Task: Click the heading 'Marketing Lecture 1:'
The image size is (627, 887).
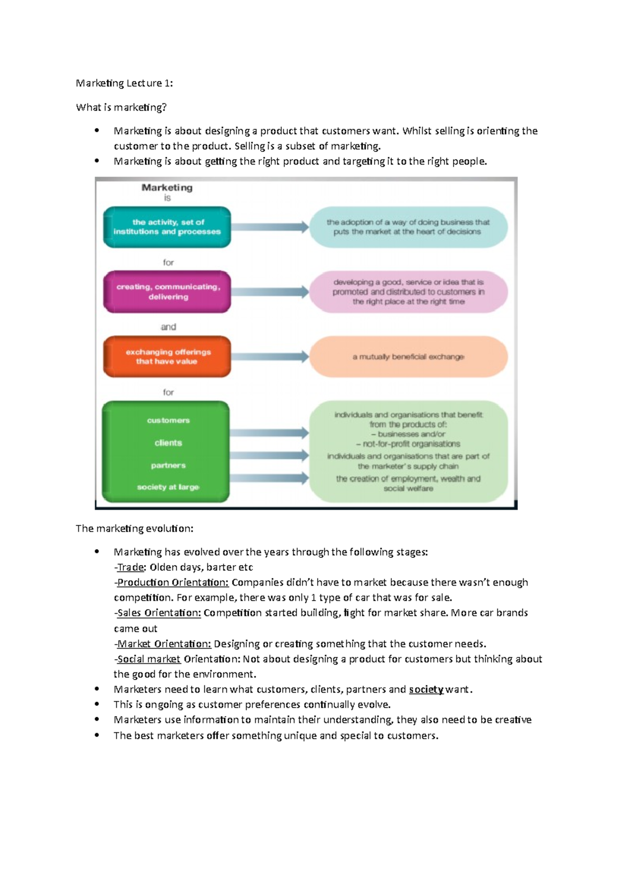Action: (x=124, y=83)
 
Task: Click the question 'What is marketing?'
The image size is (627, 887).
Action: (x=121, y=108)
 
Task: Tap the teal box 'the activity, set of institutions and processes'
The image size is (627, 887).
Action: (x=167, y=227)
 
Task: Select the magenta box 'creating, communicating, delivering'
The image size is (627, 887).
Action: (x=167, y=292)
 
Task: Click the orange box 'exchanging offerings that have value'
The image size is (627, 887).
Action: (x=167, y=357)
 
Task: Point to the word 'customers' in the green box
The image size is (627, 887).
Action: (x=168, y=421)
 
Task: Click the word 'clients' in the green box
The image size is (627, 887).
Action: (x=168, y=443)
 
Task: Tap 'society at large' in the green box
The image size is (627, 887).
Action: (x=168, y=487)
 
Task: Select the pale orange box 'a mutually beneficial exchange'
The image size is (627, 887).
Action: (x=408, y=357)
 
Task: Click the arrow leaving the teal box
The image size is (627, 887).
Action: (x=270, y=227)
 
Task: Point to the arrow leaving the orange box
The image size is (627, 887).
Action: (x=270, y=357)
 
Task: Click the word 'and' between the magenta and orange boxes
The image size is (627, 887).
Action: (x=168, y=327)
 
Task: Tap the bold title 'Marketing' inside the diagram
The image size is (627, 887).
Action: (x=167, y=188)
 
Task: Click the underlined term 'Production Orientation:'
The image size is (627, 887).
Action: (x=173, y=582)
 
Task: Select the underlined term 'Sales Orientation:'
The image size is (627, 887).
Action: (x=159, y=613)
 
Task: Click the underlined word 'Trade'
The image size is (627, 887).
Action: (x=131, y=567)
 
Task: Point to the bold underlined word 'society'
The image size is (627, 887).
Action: (x=426, y=690)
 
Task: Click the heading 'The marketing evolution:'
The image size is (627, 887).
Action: (x=134, y=529)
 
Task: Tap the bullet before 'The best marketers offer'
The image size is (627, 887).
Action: (x=97, y=735)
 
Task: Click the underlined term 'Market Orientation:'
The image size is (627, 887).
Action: (x=164, y=644)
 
